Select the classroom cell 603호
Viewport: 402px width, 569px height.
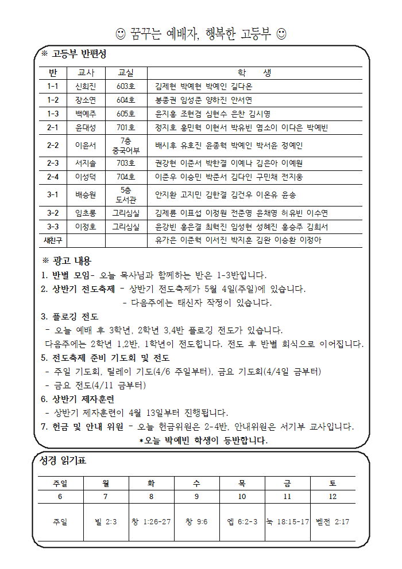(x=125, y=87)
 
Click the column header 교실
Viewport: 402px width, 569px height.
(x=125, y=73)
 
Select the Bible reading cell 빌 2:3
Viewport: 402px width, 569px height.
(x=106, y=522)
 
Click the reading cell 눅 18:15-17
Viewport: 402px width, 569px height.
(x=287, y=522)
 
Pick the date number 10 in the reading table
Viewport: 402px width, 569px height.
(x=242, y=496)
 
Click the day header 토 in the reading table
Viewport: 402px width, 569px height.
(x=333, y=483)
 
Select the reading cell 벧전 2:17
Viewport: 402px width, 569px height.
(x=333, y=522)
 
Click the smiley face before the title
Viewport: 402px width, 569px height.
(x=121, y=34)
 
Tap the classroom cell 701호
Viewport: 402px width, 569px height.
(x=125, y=127)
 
